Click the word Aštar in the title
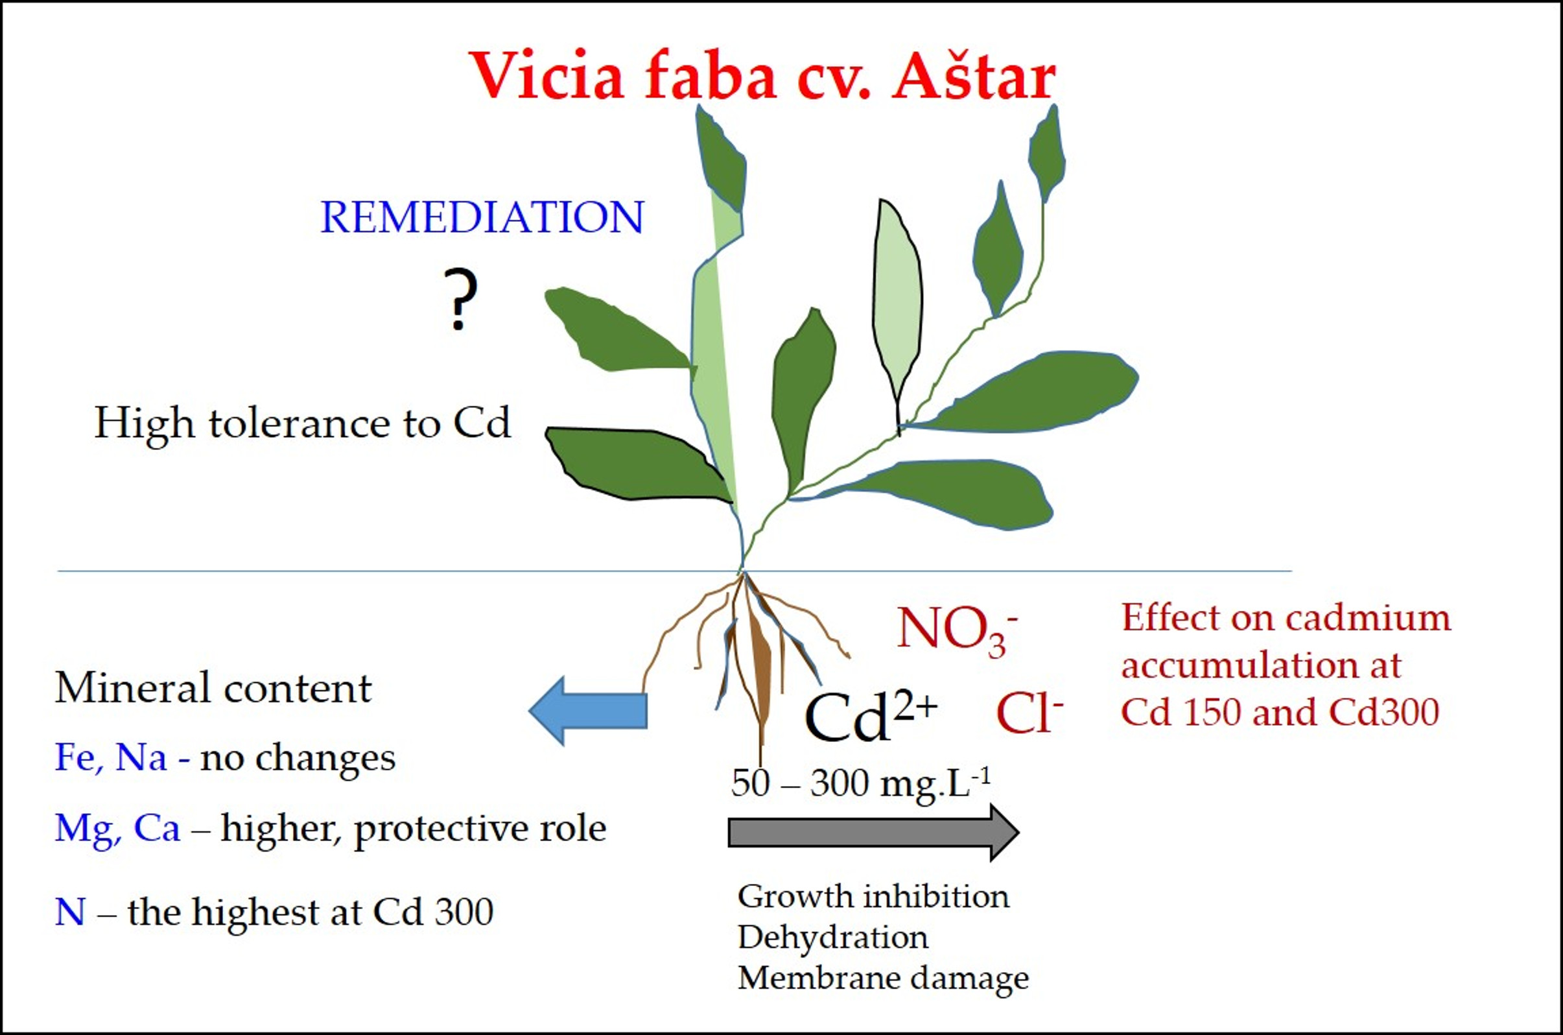coord(973,76)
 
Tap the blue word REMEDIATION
coord(482,217)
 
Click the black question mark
coord(460,299)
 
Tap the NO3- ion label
coord(956,631)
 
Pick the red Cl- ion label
coord(1029,715)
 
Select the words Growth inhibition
coord(873,897)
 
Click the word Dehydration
coord(832,937)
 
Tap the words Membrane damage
coord(883,977)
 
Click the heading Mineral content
coord(213,689)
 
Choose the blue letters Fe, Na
coord(110,757)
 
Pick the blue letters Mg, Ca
coord(117,828)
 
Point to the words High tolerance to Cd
coord(302,423)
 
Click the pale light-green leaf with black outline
coord(897,297)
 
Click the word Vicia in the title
coord(547,76)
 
